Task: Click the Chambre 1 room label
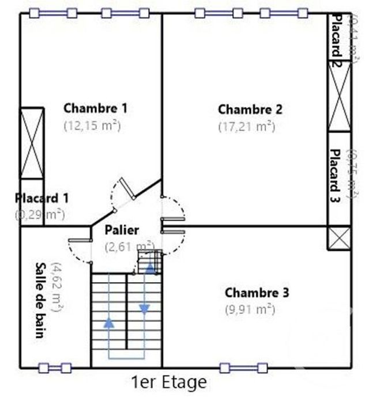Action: [x=95, y=108]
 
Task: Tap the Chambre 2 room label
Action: [x=250, y=109]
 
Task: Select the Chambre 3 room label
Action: [x=257, y=293]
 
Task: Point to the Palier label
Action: [x=122, y=230]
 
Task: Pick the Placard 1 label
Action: [x=42, y=198]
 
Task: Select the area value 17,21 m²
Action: [x=246, y=126]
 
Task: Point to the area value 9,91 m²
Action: [x=250, y=309]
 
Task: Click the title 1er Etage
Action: [x=168, y=382]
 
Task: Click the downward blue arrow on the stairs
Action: [x=144, y=309]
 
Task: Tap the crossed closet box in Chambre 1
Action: [x=32, y=143]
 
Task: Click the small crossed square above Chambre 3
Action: [x=339, y=238]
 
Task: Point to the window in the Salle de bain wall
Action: [x=55, y=368]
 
